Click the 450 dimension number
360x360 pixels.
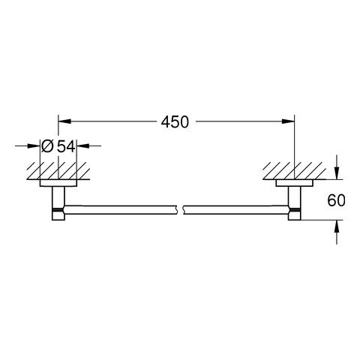175,122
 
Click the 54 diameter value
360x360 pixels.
66,146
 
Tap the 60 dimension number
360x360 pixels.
336,200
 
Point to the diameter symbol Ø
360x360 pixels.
47,146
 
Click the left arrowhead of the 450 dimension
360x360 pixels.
64,121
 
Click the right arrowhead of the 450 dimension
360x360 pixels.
288,121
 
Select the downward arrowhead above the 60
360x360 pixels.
337,173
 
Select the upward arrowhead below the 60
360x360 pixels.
337,226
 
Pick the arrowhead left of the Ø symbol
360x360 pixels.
34,145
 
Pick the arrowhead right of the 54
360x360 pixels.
83,145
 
